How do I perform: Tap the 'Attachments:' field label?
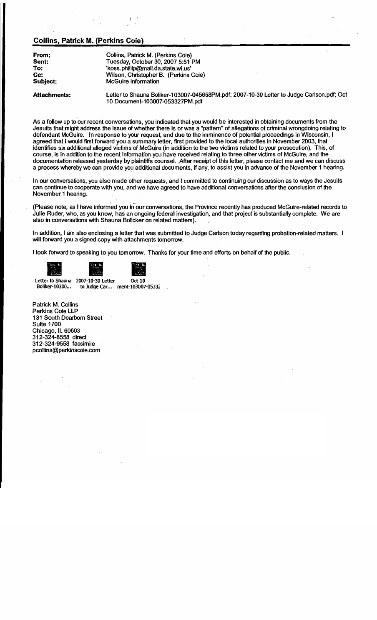[x=51, y=95]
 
